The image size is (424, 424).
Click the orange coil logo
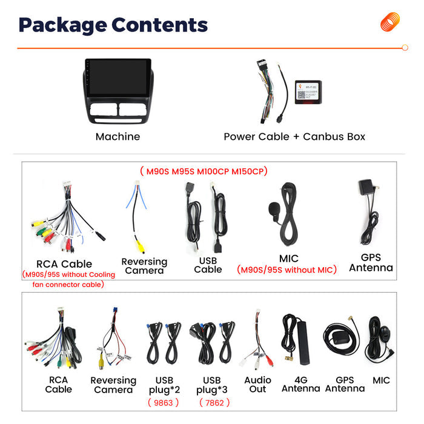coord(389,22)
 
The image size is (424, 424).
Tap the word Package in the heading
coord(63,25)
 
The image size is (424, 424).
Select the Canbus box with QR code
coord(308,92)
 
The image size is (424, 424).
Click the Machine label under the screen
coord(118,136)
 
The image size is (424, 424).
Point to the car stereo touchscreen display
coord(118,78)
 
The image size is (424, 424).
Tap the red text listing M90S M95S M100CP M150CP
coord(204,171)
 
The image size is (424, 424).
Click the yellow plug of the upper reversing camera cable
coord(141,247)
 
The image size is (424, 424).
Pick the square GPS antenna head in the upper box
coord(366,187)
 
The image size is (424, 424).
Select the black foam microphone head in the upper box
coord(274,209)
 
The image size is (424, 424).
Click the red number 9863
coord(164,403)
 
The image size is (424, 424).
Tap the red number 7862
coord(214,403)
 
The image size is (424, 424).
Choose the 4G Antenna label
coord(300,384)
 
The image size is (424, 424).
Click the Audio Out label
coord(257,385)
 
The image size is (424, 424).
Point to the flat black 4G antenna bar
coord(303,342)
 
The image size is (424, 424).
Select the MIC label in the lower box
coord(381,380)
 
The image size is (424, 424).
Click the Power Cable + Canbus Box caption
coord(294,136)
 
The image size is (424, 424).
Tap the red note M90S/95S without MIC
coord(287,270)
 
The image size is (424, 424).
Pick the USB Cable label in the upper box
coord(208,265)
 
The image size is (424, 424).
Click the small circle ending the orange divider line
coord(405,48)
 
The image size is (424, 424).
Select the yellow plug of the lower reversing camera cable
coord(101,362)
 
